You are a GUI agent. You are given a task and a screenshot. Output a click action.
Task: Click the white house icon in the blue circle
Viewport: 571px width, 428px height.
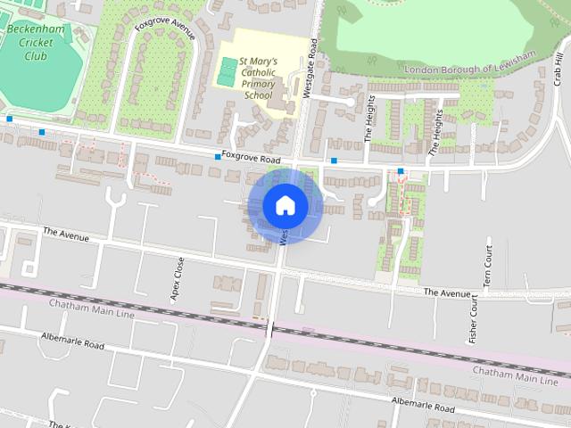pos(285,206)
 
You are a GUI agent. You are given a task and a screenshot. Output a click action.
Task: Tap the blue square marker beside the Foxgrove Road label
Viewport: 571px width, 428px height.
pos(217,157)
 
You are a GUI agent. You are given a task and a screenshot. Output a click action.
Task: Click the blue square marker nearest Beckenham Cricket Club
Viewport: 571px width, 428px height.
pos(10,119)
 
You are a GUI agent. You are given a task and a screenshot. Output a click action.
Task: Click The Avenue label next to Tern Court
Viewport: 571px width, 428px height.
pos(446,292)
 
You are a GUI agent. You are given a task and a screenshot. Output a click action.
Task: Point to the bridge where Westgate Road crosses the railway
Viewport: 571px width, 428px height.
pos(270,327)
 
